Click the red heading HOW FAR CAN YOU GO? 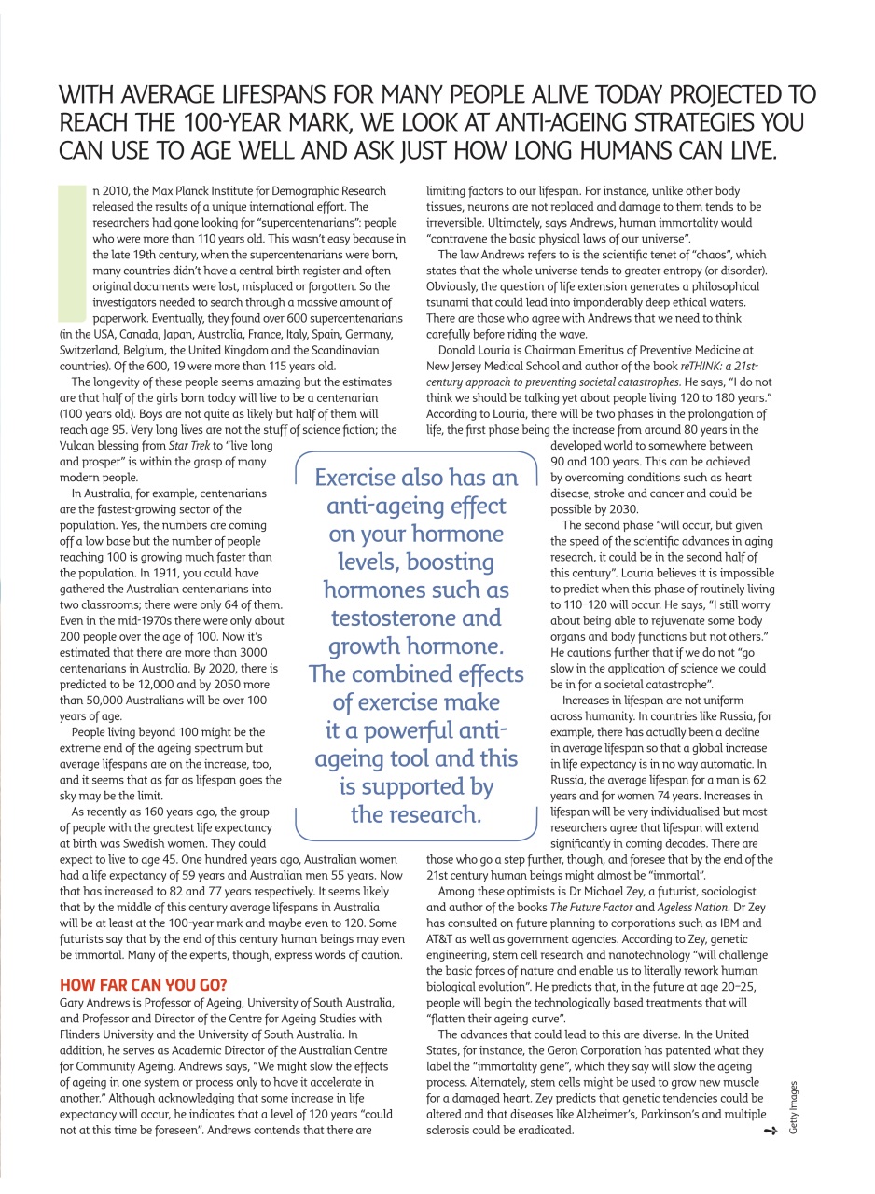point(143,984)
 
